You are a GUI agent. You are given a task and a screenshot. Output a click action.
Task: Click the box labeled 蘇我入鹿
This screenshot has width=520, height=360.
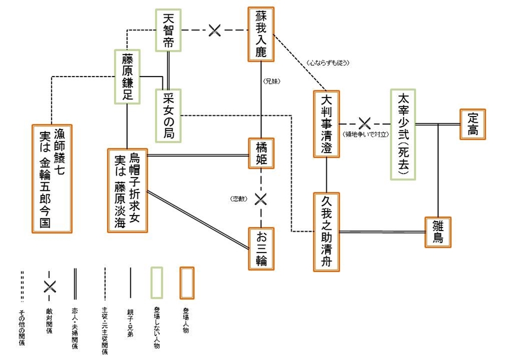point(262,34)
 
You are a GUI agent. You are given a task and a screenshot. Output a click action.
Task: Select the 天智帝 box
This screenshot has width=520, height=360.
point(169,30)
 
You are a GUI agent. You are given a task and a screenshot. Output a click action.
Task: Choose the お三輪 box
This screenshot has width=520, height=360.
point(262,248)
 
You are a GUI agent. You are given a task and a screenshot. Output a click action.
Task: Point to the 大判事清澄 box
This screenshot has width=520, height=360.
point(327,124)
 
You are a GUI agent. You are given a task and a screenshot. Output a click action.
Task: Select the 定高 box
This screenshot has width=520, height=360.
point(473,124)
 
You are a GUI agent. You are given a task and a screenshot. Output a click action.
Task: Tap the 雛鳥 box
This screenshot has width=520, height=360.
point(438,232)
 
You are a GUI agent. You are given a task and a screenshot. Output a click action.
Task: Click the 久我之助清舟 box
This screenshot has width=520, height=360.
point(327,232)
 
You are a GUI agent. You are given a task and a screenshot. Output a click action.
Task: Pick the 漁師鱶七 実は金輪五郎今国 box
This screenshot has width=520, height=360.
point(52,179)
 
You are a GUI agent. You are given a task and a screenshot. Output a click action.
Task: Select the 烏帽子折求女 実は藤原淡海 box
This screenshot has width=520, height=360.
point(127,190)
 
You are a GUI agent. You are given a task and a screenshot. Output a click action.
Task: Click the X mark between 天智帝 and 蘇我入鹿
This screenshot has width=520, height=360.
point(215,30)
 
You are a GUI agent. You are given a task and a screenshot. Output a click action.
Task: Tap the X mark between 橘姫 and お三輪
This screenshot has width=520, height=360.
point(260,198)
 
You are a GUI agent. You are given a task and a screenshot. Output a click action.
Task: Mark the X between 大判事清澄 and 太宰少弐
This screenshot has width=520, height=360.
point(364,124)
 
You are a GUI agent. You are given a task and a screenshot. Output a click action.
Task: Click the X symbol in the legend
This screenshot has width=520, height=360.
point(50,286)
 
